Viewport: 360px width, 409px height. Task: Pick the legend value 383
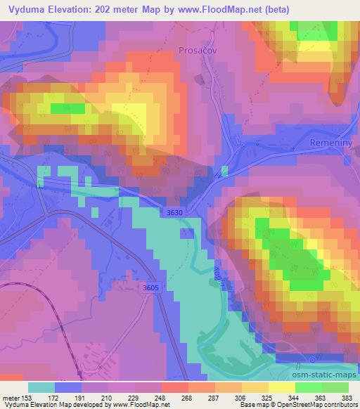point(347,397)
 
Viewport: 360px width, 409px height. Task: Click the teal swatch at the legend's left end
point(41,387)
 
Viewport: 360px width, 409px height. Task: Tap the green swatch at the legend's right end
point(334,387)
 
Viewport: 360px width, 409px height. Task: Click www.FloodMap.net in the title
point(220,10)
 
